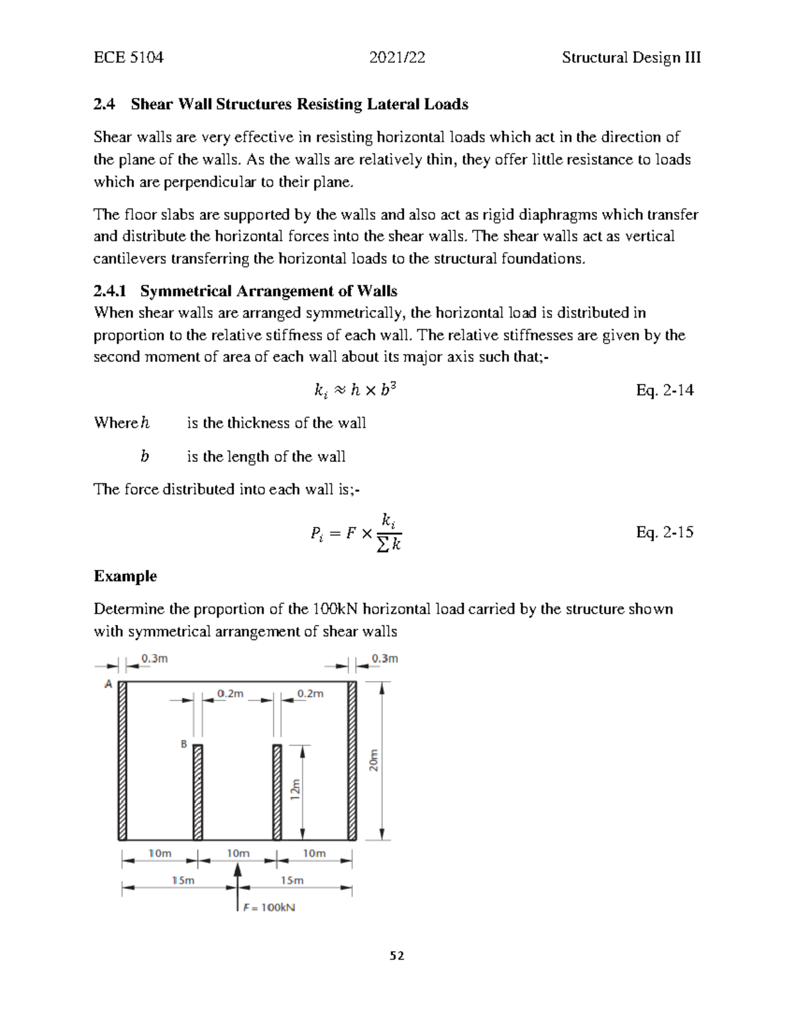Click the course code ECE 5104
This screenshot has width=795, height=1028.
[128, 58]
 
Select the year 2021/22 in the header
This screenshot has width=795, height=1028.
[397, 58]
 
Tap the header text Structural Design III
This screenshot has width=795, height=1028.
[631, 58]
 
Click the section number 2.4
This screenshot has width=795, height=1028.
[104, 105]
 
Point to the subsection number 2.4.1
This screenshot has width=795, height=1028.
[113, 291]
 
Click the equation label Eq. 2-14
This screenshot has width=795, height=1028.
[664, 391]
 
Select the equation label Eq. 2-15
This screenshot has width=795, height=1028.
[664, 532]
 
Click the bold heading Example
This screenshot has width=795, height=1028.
[125, 576]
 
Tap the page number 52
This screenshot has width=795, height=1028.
[397, 956]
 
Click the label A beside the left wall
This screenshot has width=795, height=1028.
[108, 684]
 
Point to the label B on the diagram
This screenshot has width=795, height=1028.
[184, 744]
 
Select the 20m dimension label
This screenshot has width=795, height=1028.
[374, 761]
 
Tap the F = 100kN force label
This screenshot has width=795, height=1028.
[269, 908]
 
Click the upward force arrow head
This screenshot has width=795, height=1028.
[238, 870]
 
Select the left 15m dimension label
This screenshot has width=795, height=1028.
[183, 880]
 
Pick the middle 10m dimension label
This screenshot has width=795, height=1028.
[238, 853]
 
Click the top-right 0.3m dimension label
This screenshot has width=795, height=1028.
[384, 659]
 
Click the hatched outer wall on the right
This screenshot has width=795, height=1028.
[352, 760]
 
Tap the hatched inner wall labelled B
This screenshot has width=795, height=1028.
[197, 792]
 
